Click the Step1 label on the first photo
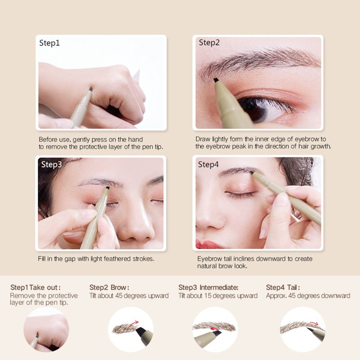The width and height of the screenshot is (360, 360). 49,44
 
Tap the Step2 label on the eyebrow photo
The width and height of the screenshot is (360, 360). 209,43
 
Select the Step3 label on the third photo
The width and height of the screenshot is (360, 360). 51,164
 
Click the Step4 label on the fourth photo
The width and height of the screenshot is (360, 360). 208,164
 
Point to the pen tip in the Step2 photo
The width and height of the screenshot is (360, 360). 216,80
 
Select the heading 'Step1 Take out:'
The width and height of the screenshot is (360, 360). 36,288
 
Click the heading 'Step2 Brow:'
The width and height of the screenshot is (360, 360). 109,288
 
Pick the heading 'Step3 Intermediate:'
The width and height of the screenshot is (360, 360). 208,288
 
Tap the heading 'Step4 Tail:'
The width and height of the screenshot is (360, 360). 283,288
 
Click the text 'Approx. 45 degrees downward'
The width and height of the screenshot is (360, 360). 308,296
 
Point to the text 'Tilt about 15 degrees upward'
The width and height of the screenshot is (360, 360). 218,296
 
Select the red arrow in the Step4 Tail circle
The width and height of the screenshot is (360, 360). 315,323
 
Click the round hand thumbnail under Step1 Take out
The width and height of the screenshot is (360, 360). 46,329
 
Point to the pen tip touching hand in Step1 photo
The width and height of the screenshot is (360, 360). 90,89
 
